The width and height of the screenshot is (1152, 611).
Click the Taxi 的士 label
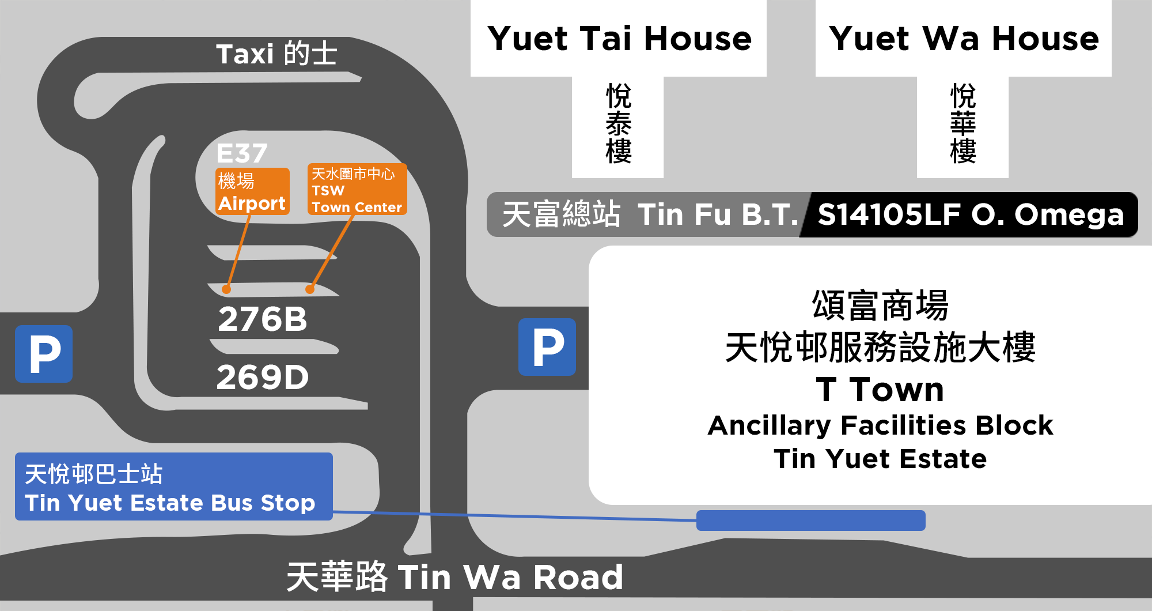click(x=276, y=54)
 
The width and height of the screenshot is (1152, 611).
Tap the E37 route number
click(x=242, y=154)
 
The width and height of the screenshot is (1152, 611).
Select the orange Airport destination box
click(x=252, y=191)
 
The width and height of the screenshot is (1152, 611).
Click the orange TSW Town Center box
click(x=357, y=190)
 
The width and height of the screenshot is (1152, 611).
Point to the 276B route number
click(x=263, y=319)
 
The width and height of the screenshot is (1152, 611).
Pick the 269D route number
click(x=263, y=378)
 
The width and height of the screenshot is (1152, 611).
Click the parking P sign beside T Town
click(x=547, y=347)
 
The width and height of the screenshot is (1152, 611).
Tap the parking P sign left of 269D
click(x=44, y=354)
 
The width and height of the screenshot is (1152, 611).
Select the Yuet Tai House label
click(x=619, y=39)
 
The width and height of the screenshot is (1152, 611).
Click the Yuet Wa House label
click(x=964, y=39)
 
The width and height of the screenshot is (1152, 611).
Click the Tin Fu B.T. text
click(x=717, y=214)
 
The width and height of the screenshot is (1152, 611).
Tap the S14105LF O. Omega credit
click(x=971, y=214)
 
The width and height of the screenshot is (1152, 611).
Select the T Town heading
click(x=880, y=390)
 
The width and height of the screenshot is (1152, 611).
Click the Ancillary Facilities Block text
click(x=880, y=425)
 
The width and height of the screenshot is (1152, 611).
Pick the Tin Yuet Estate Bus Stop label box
click(x=173, y=486)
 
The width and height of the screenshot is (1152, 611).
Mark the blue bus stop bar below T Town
click(x=810, y=520)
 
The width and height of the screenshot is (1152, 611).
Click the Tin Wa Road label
click(x=455, y=577)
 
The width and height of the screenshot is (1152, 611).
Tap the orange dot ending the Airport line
click(x=226, y=289)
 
